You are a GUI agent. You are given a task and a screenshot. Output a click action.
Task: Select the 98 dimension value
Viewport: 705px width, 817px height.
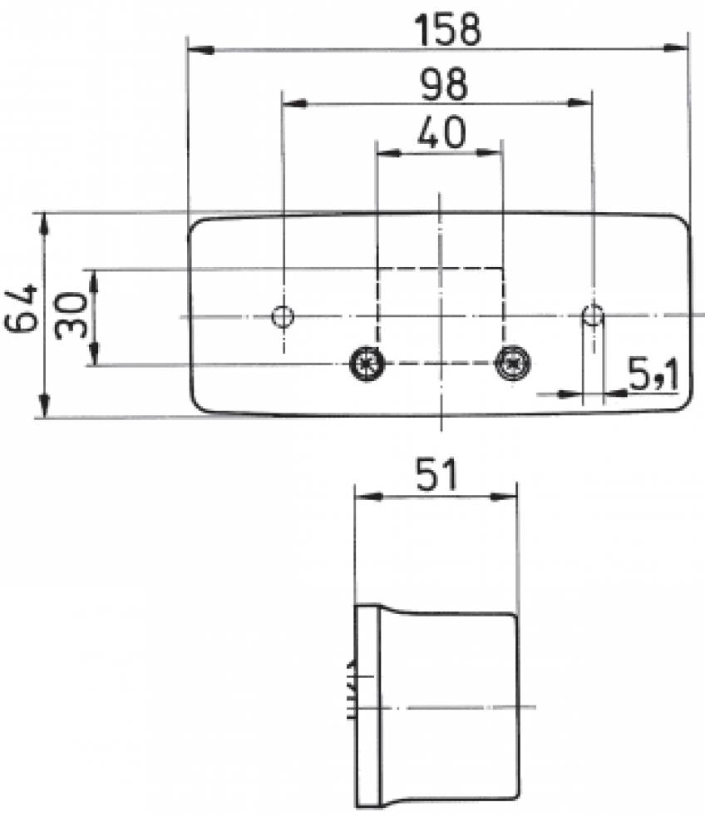point(443,84)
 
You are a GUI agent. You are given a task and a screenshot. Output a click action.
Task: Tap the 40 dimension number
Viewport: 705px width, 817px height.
point(441,132)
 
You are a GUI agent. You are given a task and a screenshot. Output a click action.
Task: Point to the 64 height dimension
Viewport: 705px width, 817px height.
point(22,308)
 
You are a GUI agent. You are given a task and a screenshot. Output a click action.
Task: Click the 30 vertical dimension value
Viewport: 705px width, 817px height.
point(72,314)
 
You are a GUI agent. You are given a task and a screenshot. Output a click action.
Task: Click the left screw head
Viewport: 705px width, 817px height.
point(364,363)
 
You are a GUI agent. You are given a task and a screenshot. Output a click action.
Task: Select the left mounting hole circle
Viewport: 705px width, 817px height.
point(283,317)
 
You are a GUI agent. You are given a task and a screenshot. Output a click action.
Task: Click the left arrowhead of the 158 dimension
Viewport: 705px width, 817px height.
point(200,50)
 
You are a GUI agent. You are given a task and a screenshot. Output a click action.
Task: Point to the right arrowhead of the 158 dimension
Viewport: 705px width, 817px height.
point(678,50)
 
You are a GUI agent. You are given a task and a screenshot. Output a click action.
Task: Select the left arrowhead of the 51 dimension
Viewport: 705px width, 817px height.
point(367,497)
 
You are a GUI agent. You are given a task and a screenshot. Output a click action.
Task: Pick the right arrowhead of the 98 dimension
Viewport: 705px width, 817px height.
point(581,104)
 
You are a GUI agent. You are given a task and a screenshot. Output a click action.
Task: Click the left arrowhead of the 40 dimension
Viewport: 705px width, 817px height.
point(387,153)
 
